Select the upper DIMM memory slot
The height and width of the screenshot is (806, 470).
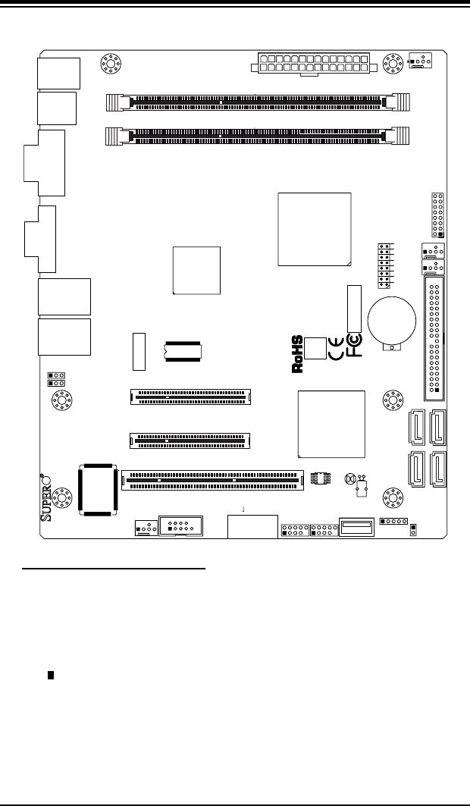coord(258,100)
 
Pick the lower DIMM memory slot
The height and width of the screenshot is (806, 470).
coord(258,136)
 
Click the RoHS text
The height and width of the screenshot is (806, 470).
coord(298,355)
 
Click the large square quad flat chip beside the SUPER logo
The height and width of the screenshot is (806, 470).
coord(96,490)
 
